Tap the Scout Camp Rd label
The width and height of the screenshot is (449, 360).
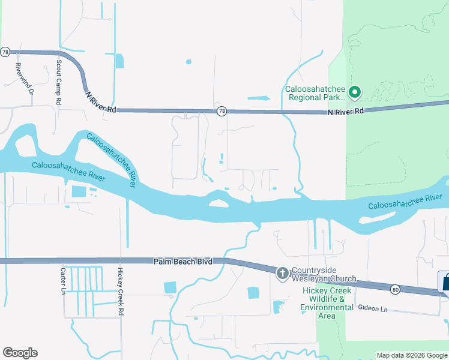(x=59, y=74)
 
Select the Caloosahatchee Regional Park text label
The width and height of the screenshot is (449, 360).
(x=315, y=92)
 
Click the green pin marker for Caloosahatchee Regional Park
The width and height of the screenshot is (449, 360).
(x=354, y=92)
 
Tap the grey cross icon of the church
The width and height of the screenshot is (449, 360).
(x=282, y=274)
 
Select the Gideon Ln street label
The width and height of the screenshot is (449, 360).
(x=373, y=308)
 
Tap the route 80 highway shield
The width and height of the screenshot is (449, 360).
(x=394, y=290)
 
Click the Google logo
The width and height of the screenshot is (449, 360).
(x=20, y=353)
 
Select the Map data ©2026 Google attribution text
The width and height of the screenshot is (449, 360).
(x=411, y=355)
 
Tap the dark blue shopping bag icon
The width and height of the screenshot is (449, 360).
(x=445, y=281)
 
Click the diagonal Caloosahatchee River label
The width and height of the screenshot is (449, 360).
(x=112, y=160)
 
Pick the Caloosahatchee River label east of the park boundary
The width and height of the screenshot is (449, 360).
(x=405, y=201)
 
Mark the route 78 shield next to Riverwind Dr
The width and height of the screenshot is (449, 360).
(x=5, y=52)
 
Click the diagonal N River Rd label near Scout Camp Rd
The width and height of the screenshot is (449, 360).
(x=100, y=102)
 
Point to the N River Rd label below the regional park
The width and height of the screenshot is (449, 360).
(x=346, y=112)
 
